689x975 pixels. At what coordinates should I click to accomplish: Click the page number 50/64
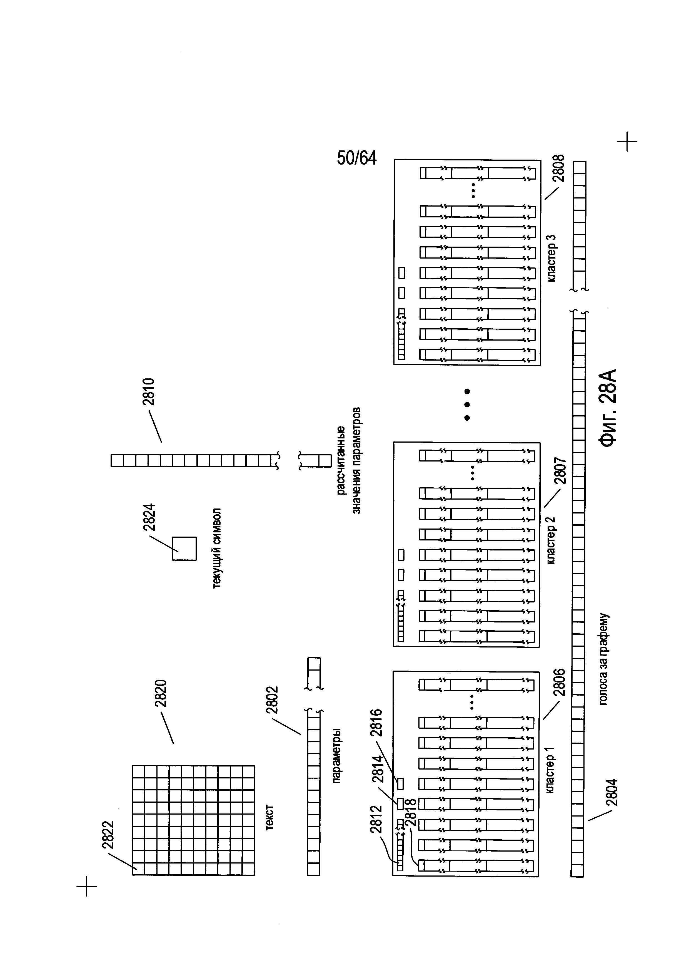click(356, 158)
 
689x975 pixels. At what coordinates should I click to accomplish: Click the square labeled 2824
click(184, 549)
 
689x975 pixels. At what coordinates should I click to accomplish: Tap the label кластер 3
click(551, 258)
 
